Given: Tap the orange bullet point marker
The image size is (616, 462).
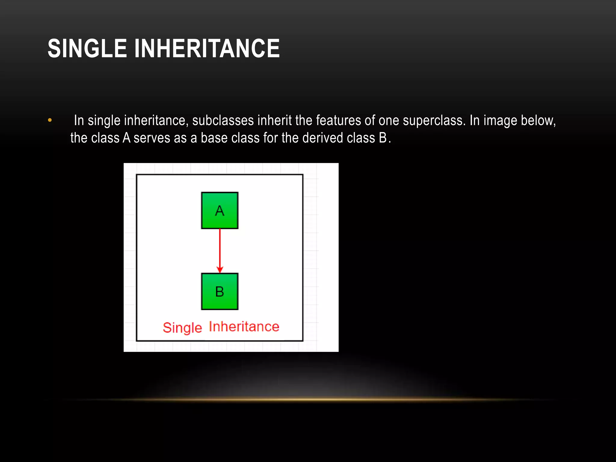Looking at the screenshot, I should click(50, 121).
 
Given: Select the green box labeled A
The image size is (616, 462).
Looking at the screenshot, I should click(220, 211).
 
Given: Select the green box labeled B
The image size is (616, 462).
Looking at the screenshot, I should click(220, 291).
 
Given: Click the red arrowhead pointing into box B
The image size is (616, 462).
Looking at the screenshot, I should click(220, 269).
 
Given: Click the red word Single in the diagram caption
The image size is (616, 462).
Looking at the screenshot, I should click(182, 328).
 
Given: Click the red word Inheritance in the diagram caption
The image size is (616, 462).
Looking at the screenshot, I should click(244, 327).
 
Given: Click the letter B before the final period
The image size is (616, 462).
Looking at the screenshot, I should click(383, 138).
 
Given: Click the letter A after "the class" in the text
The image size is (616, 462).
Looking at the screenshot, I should click(127, 138).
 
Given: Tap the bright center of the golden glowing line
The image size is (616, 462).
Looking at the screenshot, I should click(308, 399).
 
